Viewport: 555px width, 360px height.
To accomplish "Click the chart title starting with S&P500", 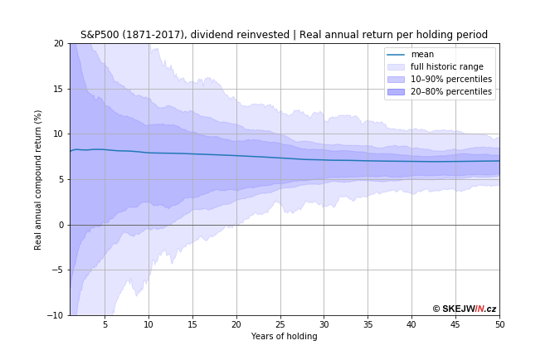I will (284, 35).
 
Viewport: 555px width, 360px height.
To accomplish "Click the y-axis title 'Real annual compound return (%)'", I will (38, 179).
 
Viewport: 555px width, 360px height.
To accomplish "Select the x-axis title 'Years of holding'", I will (284, 336).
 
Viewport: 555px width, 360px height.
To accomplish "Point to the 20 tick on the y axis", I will (58, 43).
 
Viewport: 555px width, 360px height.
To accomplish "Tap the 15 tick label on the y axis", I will (58, 89).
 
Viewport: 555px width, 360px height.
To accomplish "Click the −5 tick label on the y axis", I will (56, 270).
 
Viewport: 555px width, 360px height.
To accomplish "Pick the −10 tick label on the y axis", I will (55, 315).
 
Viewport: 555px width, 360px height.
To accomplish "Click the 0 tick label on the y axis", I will (61, 225).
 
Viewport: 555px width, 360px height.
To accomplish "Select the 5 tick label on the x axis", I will (105, 324).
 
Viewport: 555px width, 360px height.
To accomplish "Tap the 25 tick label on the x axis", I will (280, 324).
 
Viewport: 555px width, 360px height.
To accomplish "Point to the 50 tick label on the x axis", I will (499, 324).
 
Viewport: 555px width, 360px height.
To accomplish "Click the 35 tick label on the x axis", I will (368, 324).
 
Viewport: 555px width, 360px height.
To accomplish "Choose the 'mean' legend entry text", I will (422, 55).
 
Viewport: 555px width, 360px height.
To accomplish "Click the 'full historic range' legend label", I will (446, 67).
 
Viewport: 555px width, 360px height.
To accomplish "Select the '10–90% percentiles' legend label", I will (450, 80).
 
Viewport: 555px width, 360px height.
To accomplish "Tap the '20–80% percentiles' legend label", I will (450, 91).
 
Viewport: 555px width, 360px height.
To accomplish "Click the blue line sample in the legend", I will (396, 55).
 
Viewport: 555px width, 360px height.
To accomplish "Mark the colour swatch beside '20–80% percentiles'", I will (396, 91).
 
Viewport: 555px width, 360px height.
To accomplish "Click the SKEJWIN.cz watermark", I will (464, 309).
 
